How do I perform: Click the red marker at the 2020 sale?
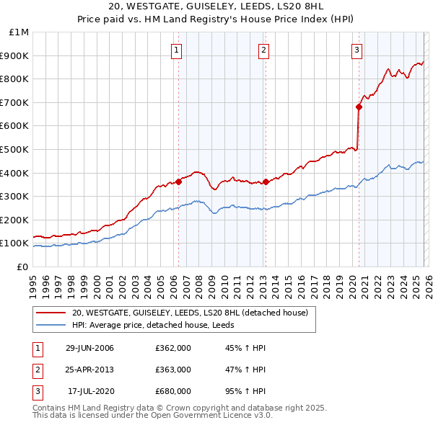359,107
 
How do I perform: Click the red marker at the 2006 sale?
179,182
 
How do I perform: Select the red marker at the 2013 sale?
266,182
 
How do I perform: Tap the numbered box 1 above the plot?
177,50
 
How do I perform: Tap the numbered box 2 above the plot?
264,50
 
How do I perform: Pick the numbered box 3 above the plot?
357,50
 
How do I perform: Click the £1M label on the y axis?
19,32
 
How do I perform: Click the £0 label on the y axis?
23,267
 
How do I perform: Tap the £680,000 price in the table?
173,391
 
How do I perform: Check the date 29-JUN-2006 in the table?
89,348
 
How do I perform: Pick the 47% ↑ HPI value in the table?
245,370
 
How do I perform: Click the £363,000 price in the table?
173,370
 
